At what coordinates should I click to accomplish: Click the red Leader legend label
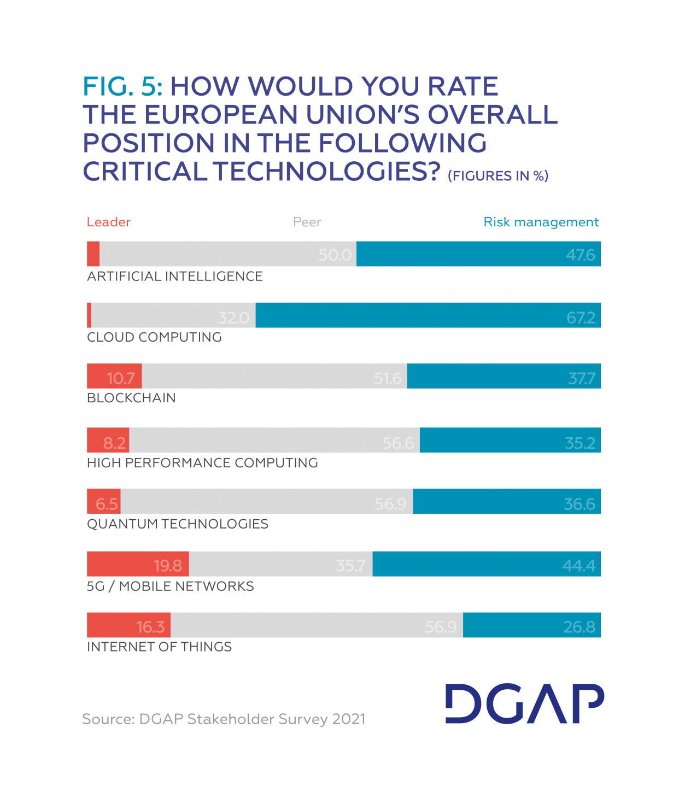(108, 222)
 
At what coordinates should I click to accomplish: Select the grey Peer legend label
(307, 222)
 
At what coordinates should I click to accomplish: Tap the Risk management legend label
(541, 222)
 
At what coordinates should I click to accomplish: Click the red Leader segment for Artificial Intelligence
(93, 254)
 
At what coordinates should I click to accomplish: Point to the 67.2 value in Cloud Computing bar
(581, 318)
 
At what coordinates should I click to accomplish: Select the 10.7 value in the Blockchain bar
(121, 378)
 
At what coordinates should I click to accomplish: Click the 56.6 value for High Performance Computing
(398, 443)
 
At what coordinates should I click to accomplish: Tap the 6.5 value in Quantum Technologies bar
(107, 504)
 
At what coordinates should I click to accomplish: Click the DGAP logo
(524, 703)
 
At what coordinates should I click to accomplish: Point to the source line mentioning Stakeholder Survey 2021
(224, 719)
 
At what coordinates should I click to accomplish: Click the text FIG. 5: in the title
(122, 86)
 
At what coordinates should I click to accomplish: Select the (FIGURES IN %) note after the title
(497, 175)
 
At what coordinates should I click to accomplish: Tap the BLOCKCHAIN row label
(131, 398)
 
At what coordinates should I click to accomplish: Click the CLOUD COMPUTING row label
(154, 337)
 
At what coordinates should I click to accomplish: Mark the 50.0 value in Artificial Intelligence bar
(335, 255)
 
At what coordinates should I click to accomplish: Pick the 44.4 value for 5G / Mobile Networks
(579, 565)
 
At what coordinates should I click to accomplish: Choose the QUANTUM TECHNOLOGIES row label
(178, 524)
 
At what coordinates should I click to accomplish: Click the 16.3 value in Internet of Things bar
(150, 626)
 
